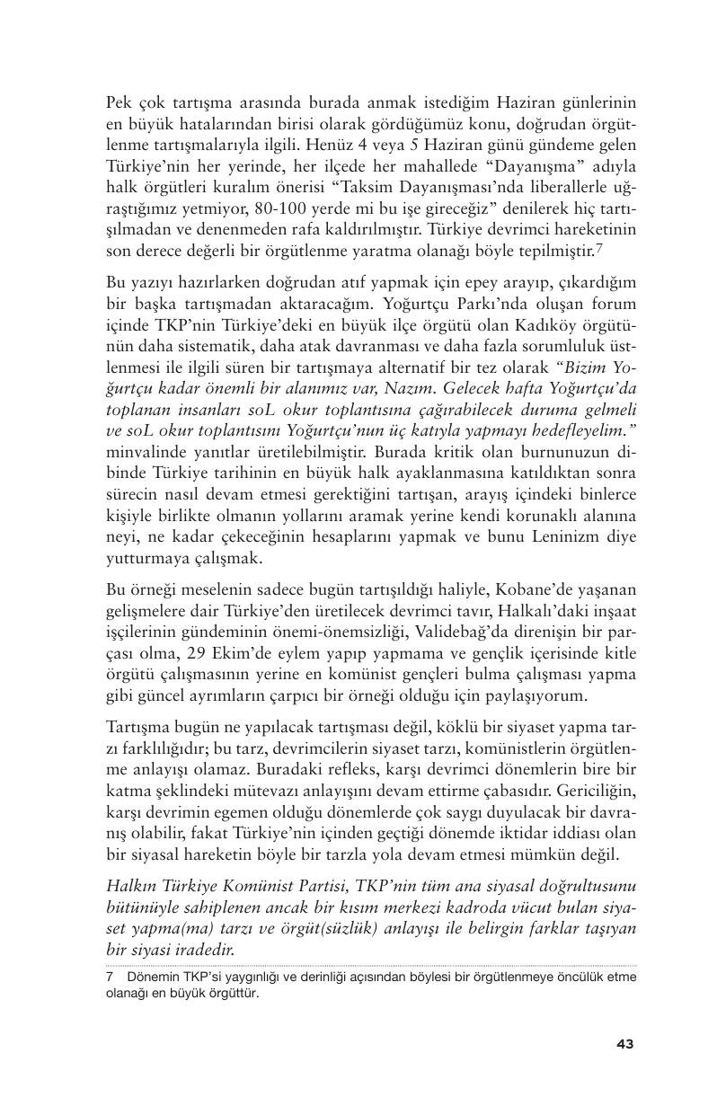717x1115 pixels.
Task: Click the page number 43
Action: [625, 1043]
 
